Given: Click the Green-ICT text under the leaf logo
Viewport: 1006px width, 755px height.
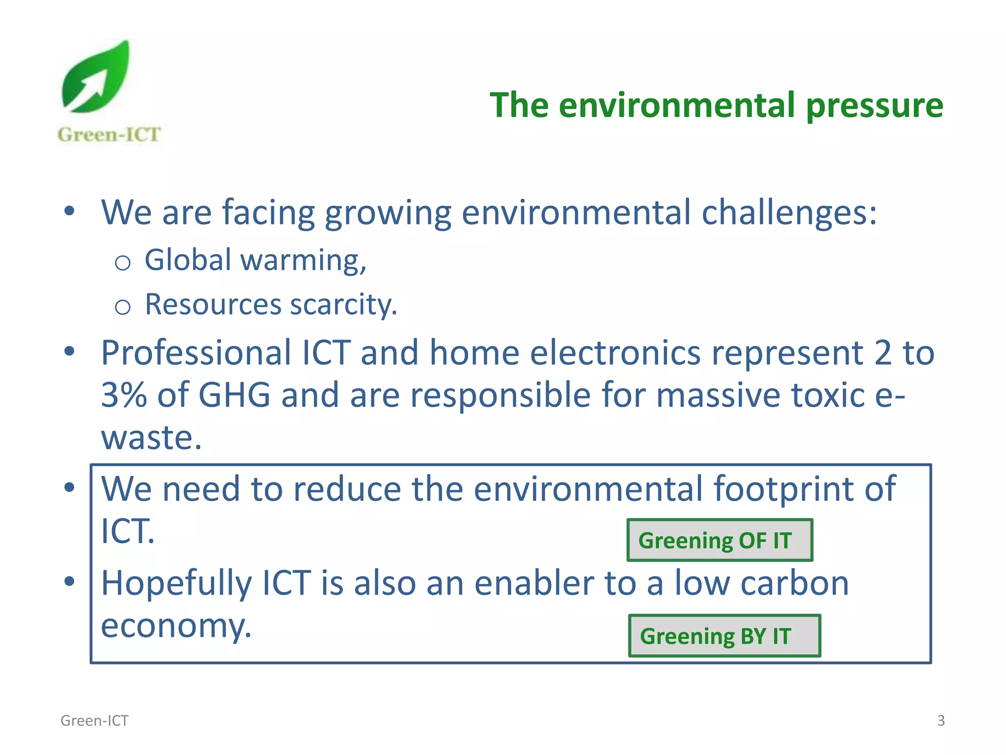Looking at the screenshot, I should click(x=109, y=135).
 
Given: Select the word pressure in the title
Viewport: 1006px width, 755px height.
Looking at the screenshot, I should click(x=874, y=106).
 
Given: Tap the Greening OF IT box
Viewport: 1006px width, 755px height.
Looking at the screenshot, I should click(x=720, y=540).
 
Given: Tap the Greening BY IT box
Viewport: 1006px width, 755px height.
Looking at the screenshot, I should click(x=725, y=636).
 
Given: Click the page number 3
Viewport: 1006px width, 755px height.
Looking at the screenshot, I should click(x=941, y=721).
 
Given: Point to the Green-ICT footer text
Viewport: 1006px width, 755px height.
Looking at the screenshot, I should click(x=94, y=721).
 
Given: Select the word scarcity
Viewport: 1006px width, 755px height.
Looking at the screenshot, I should click(x=343, y=305).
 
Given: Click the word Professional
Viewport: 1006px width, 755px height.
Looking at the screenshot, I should click(x=196, y=353).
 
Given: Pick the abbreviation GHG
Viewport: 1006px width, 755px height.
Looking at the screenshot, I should click(x=234, y=395).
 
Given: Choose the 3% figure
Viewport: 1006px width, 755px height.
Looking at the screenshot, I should click(x=124, y=395).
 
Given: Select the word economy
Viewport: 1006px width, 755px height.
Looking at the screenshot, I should click(x=175, y=626).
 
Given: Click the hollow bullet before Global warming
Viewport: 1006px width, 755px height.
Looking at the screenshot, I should click(x=122, y=263).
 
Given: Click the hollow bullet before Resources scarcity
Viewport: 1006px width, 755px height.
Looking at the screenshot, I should click(x=122, y=308).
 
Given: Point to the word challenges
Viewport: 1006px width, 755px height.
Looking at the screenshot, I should click(x=788, y=213).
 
